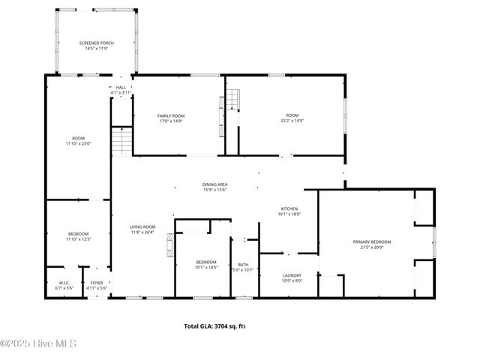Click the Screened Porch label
(95, 43)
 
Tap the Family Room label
(170, 115)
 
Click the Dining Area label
(214, 184)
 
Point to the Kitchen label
(289, 208)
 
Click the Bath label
(243, 264)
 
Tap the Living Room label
(142, 227)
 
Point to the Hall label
(121, 88)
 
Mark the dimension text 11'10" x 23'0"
(78, 143)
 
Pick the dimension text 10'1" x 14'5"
(205, 267)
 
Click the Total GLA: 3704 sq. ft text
(215, 326)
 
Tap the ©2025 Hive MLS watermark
(38, 344)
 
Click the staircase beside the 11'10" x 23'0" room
(121, 140)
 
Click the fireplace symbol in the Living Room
(170, 244)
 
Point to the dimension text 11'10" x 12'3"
(78, 239)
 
